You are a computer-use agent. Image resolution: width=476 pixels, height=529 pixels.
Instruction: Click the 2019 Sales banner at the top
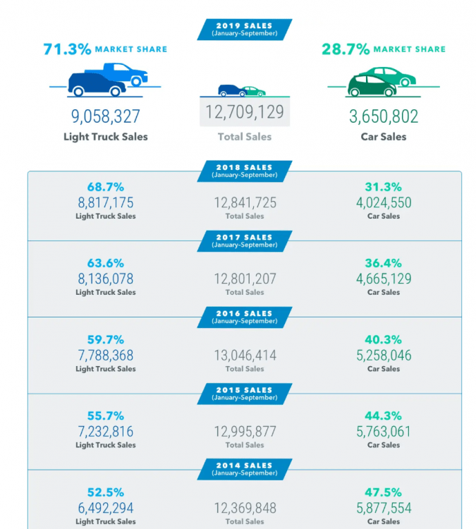(x=244, y=29)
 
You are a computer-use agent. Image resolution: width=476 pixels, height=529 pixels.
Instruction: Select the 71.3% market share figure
(x=68, y=49)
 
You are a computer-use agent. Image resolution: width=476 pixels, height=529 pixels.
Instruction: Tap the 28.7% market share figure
(x=346, y=49)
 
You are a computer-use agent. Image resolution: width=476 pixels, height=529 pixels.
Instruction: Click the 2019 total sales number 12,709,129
(x=244, y=112)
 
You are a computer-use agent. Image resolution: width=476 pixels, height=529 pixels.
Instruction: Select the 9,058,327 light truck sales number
(x=105, y=116)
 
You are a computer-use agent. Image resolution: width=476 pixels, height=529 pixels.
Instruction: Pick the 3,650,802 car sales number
(x=384, y=116)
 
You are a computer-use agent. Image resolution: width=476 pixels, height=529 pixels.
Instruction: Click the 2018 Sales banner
(x=244, y=171)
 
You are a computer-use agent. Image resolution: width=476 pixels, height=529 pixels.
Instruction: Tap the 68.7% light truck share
(x=105, y=187)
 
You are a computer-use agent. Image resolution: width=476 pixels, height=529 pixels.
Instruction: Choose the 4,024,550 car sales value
(x=384, y=203)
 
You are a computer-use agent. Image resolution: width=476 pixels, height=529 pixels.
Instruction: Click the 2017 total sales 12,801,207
(x=245, y=279)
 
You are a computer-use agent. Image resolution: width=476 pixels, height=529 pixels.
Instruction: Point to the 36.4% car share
(x=384, y=263)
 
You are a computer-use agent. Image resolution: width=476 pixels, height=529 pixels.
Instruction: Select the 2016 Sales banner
(x=244, y=317)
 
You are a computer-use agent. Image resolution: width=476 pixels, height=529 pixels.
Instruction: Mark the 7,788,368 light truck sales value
(x=105, y=355)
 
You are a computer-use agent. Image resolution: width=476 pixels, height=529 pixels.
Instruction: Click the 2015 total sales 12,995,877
(x=245, y=432)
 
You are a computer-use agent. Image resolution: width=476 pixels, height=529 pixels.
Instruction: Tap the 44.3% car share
(x=384, y=415)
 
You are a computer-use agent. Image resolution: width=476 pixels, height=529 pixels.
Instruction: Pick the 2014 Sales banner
(x=244, y=469)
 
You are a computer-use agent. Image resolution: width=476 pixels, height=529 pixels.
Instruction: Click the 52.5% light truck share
(x=105, y=492)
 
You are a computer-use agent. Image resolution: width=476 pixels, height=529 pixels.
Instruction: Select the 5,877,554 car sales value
(x=384, y=508)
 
